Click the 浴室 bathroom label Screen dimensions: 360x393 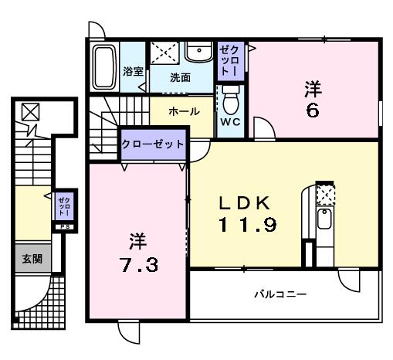133,72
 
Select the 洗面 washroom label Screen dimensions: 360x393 181,77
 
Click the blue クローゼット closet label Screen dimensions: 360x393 153,144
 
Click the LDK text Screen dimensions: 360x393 245,202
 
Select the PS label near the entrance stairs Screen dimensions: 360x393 62,228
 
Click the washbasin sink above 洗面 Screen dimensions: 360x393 200,52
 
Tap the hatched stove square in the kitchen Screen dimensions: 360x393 326,195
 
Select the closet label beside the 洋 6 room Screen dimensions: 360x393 231,59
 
